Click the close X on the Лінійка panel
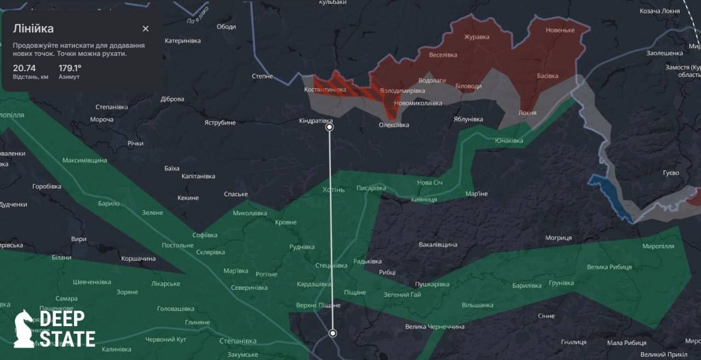pos(145,29)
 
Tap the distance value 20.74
pos(25,68)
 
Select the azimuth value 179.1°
pos(70,68)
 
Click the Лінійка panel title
pos(33,29)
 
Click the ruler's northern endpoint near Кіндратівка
pos(330,127)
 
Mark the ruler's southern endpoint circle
pos(332,333)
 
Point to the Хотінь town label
pos(334,190)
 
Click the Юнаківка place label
pos(509,141)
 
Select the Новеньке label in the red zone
pos(560,30)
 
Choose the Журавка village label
pos(476,37)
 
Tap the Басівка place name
pos(548,76)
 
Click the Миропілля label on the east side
pos(658,247)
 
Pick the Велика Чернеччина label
pos(435,327)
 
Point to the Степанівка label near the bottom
pos(238,341)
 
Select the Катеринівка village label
pos(183,41)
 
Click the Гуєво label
pos(671,173)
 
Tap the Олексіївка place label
pos(394,125)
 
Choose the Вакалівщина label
pos(438,244)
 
